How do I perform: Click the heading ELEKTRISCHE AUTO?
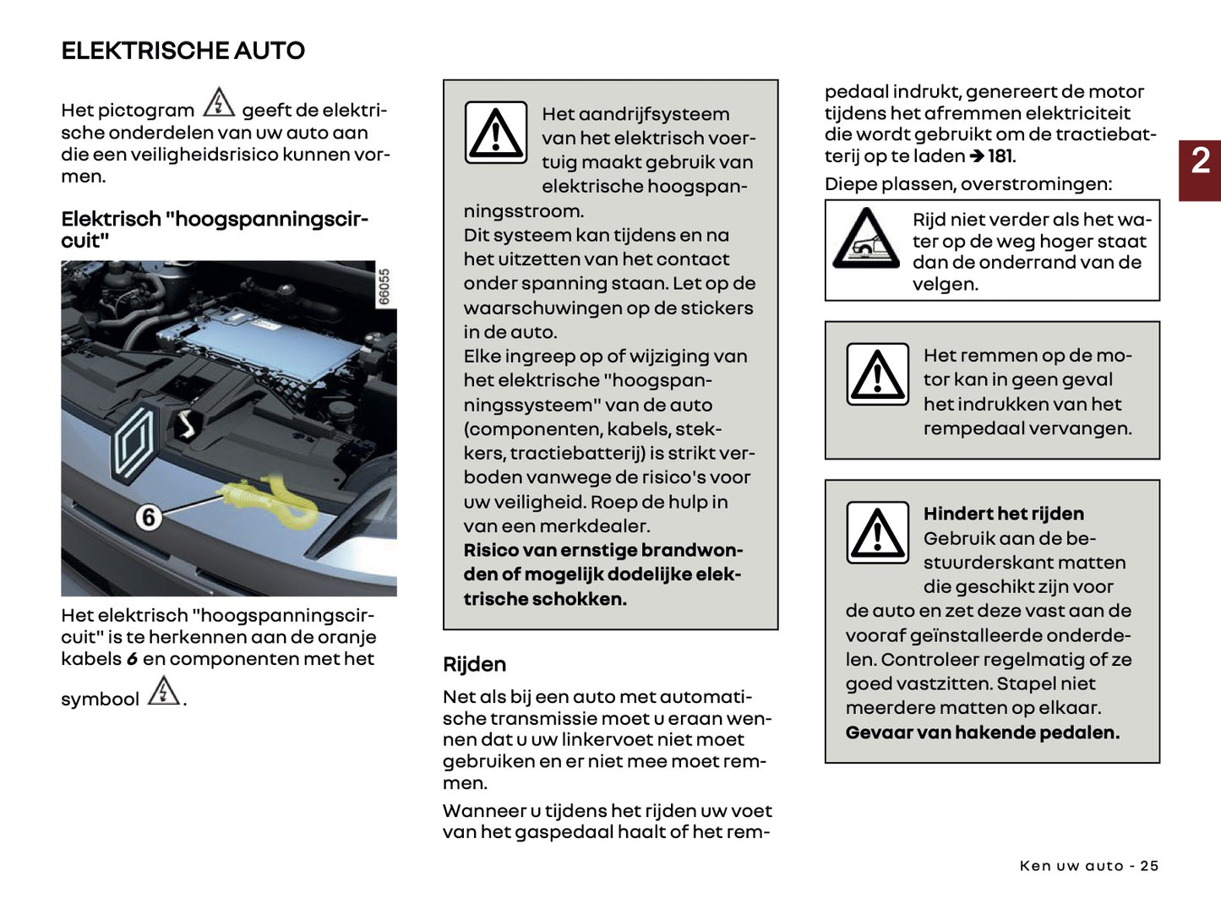183,51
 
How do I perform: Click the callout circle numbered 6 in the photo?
149,516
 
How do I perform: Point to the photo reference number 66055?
384,287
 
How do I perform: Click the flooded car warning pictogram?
865,240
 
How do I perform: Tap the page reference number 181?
1000,156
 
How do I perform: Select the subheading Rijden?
474,664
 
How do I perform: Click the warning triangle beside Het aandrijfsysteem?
496,133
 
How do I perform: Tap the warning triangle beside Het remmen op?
877,374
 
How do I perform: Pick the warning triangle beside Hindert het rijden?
877,532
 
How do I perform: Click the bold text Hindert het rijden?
1003,514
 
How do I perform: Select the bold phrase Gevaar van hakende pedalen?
982,732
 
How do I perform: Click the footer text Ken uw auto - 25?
1088,865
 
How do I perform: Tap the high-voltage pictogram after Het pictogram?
219,102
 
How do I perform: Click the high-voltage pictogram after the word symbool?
163,691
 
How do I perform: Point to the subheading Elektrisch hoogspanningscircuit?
214,229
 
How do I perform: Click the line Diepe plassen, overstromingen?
968,184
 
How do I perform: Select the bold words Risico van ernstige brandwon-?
602,550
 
